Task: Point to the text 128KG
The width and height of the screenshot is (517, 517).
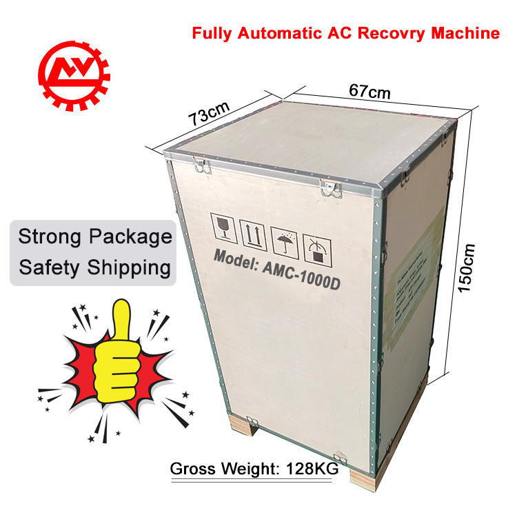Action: [310, 469]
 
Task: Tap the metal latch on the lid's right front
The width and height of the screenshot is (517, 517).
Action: [328, 185]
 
